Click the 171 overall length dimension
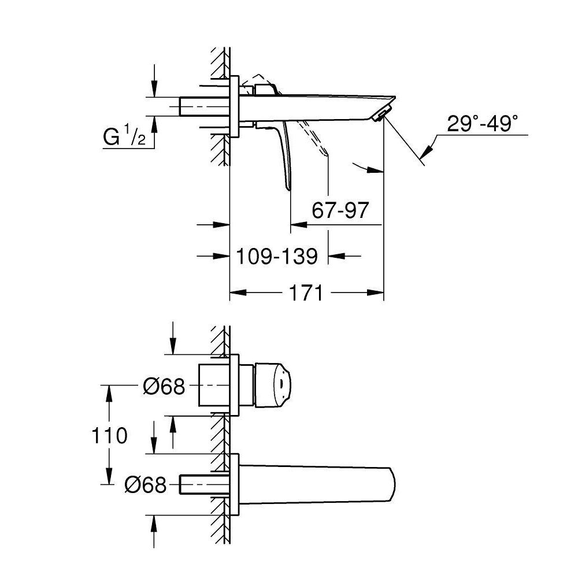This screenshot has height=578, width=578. tap(306, 293)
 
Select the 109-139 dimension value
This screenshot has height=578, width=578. tap(277, 256)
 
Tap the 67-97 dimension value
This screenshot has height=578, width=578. tap(339, 210)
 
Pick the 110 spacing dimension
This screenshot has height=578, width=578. tap(109, 435)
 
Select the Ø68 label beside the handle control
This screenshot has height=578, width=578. tap(164, 386)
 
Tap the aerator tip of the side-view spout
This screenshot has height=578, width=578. tap(379, 116)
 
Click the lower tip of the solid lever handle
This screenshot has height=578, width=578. tap(287, 186)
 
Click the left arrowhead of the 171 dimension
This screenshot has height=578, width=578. tap(237, 293)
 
